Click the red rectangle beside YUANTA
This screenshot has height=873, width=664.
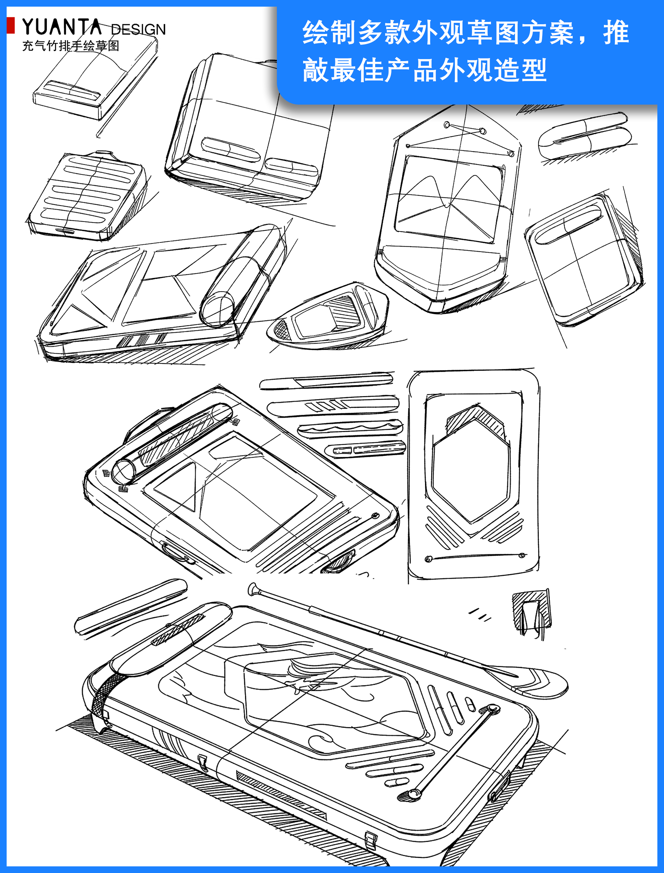tap(11, 25)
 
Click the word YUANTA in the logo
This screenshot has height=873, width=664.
tap(61, 28)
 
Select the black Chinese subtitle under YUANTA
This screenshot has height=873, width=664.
tap(70, 46)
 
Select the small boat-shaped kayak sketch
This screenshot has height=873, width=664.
tap(328, 316)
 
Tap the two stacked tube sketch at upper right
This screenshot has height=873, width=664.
tap(585, 136)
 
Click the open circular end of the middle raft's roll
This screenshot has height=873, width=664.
tap(123, 472)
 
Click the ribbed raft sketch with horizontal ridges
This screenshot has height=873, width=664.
tap(87, 196)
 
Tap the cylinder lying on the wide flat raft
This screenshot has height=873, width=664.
tap(241, 277)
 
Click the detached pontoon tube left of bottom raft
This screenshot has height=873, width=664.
tap(130, 609)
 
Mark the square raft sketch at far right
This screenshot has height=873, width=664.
tap(585, 261)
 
